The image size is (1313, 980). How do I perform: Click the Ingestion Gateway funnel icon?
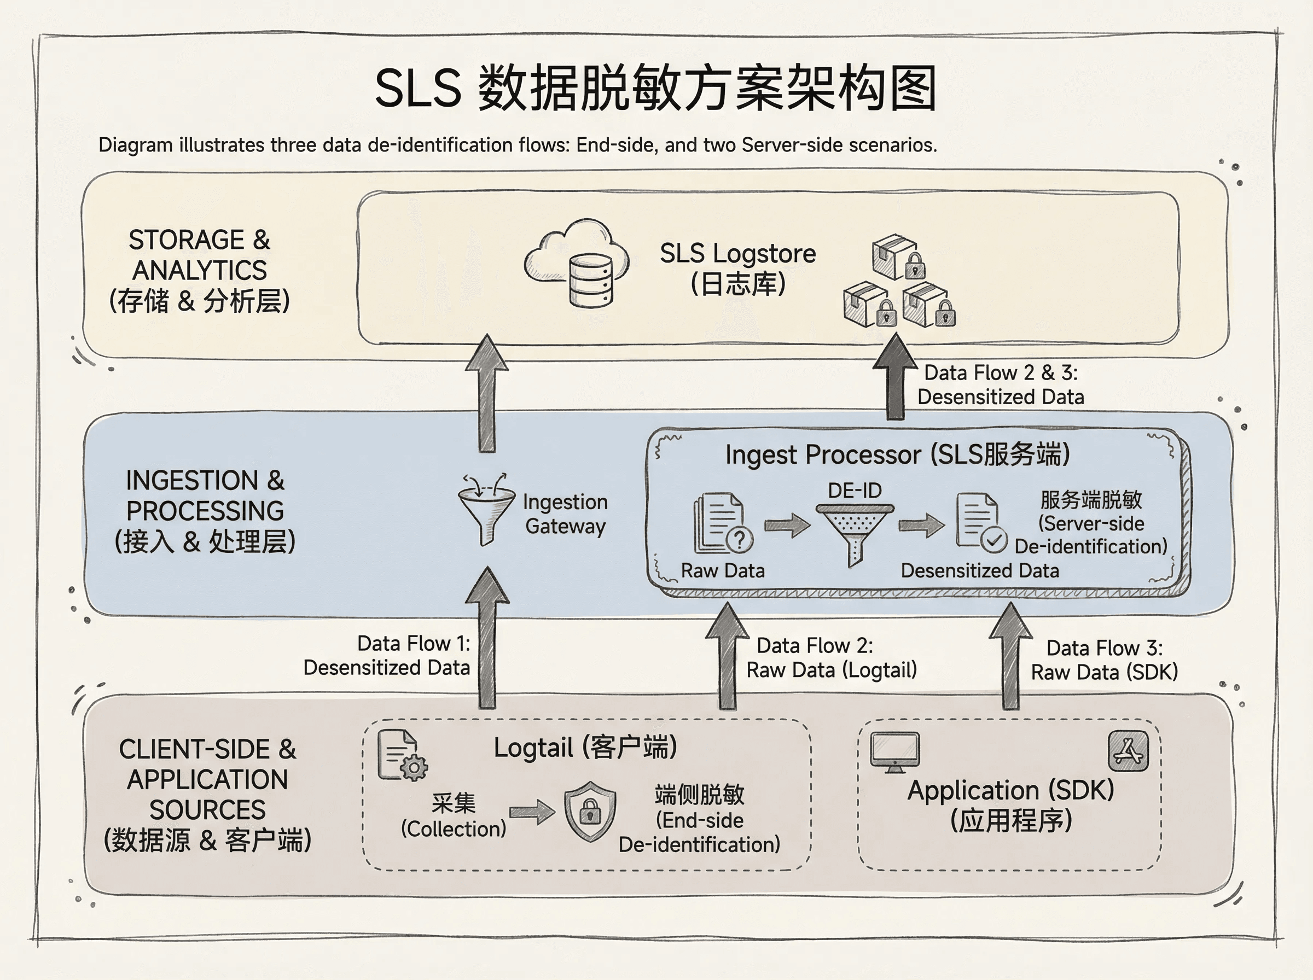point(486,510)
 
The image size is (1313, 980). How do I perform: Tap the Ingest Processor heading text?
point(897,455)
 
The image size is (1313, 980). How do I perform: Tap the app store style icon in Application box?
point(1128,751)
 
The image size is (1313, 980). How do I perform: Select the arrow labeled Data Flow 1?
point(487,638)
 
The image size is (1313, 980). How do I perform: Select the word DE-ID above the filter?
point(855,491)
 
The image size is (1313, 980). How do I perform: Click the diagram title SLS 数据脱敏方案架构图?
point(655,89)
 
